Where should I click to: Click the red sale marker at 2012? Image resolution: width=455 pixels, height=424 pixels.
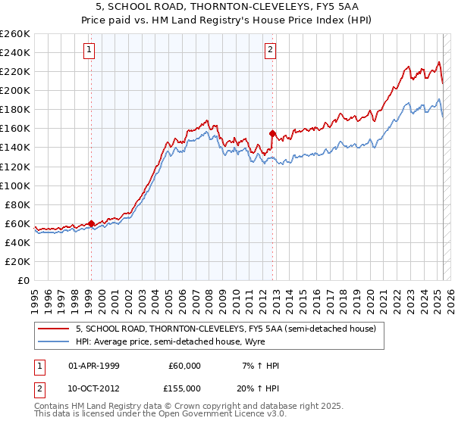[x=272, y=132]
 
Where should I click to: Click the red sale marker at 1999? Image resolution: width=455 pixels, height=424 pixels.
[x=91, y=223]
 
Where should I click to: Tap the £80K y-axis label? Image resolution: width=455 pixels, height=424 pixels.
[x=17, y=204]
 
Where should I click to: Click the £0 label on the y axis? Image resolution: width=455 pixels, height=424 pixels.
[x=24, y=280]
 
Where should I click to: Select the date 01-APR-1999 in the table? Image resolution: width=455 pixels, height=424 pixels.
[x=93, y=366]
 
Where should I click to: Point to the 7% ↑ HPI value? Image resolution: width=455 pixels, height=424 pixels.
[x=261, y=366]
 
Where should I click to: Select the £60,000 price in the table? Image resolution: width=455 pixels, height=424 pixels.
[x=184, y=366]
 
